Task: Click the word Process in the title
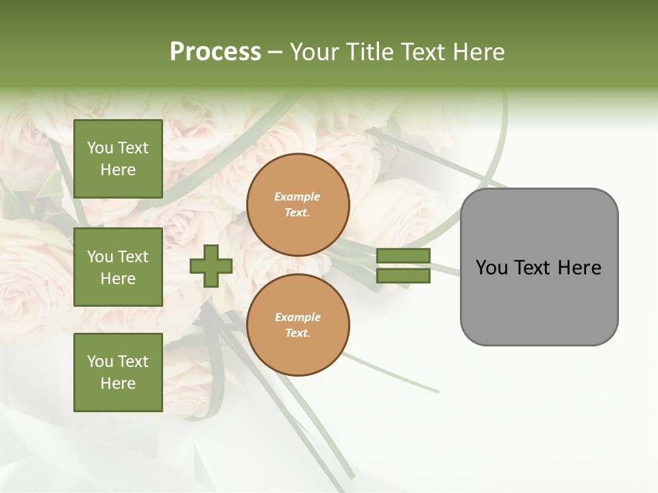point(215,52)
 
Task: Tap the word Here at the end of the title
point(474,52)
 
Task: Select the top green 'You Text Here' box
point(118,159)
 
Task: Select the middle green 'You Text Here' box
point(118,267)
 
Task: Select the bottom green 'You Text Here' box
point(118,372)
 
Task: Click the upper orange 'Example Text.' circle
point(298,205)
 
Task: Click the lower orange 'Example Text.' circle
point(298,325)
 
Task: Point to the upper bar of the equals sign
point(404,256)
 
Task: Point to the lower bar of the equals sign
point(404,276)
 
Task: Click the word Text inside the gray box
point(533,268)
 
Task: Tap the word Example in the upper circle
point(297,197)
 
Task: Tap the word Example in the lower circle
point(297,318)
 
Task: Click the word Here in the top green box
point(118,170)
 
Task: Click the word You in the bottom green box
point(99,362)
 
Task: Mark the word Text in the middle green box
point(133,257)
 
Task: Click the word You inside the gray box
point(491,268)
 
